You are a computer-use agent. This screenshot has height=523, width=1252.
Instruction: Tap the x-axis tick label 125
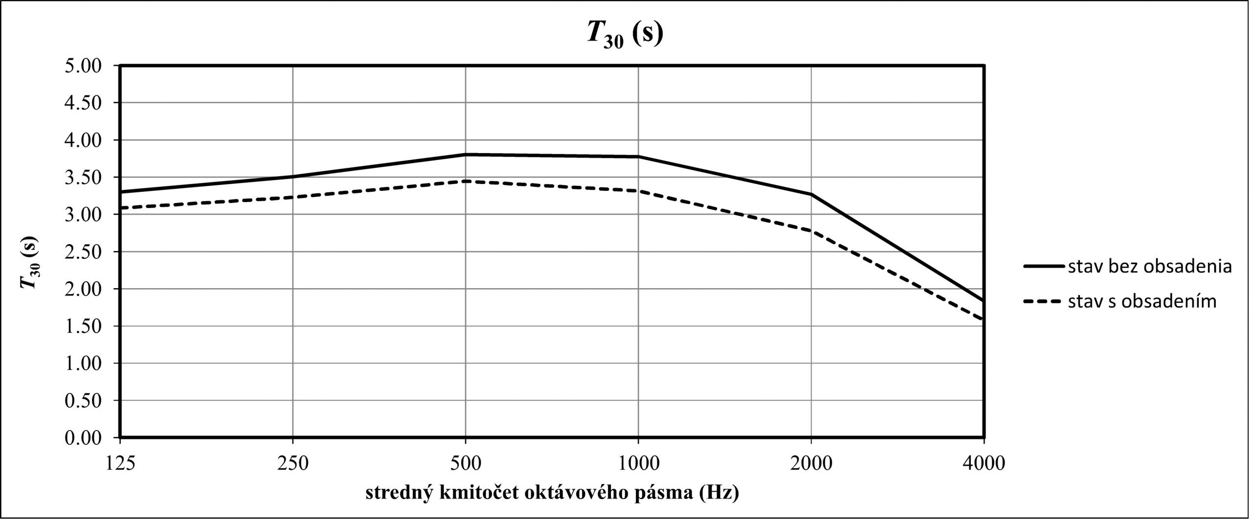click(120, 462)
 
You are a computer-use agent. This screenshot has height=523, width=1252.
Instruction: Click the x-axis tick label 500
click(465, 462)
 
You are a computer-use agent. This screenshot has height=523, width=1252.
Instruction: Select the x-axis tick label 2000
click(811, 462)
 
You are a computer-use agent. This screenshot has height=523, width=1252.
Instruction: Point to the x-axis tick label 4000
click(984, 462)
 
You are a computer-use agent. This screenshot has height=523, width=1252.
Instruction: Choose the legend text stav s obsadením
click(1142, 301)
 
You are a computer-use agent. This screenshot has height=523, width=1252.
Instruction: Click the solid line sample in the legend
click(1043, 267)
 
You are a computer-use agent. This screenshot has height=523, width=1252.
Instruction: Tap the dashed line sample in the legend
click(1043, 301)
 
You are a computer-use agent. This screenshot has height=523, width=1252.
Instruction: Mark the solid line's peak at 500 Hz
click(465, 155)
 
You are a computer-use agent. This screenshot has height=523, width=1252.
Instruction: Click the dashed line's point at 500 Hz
click(465, 181)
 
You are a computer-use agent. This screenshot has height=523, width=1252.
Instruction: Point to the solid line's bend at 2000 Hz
click(811, 194)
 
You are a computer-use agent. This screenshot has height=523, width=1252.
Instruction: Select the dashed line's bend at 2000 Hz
click(811, 231)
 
